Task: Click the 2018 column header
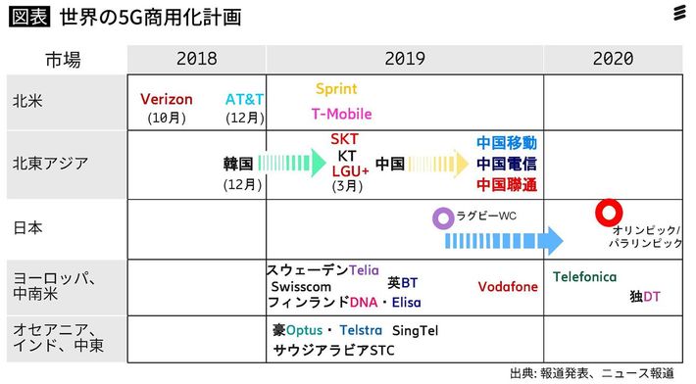click(x=197, y=59)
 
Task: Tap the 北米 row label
click(x=26, y=101)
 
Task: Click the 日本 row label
click(x=26, y=227)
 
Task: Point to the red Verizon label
click(x=167, y=100)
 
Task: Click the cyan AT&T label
click(x=243, y=100)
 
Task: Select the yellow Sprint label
click(x=336, y=89)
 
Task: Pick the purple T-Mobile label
click(x=341, y=114)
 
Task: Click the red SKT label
click(x=344, y=139)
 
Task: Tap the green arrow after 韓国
click(x=292, y=163)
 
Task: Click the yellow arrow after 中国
click(x=438, y=163)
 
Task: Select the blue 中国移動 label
click(x=507, y=143)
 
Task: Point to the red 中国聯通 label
click(x=507, y=184)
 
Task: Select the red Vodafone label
click(x=508, y=287)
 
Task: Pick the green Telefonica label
click(x=585, y=277)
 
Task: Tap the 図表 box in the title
click(x=29, y=18)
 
